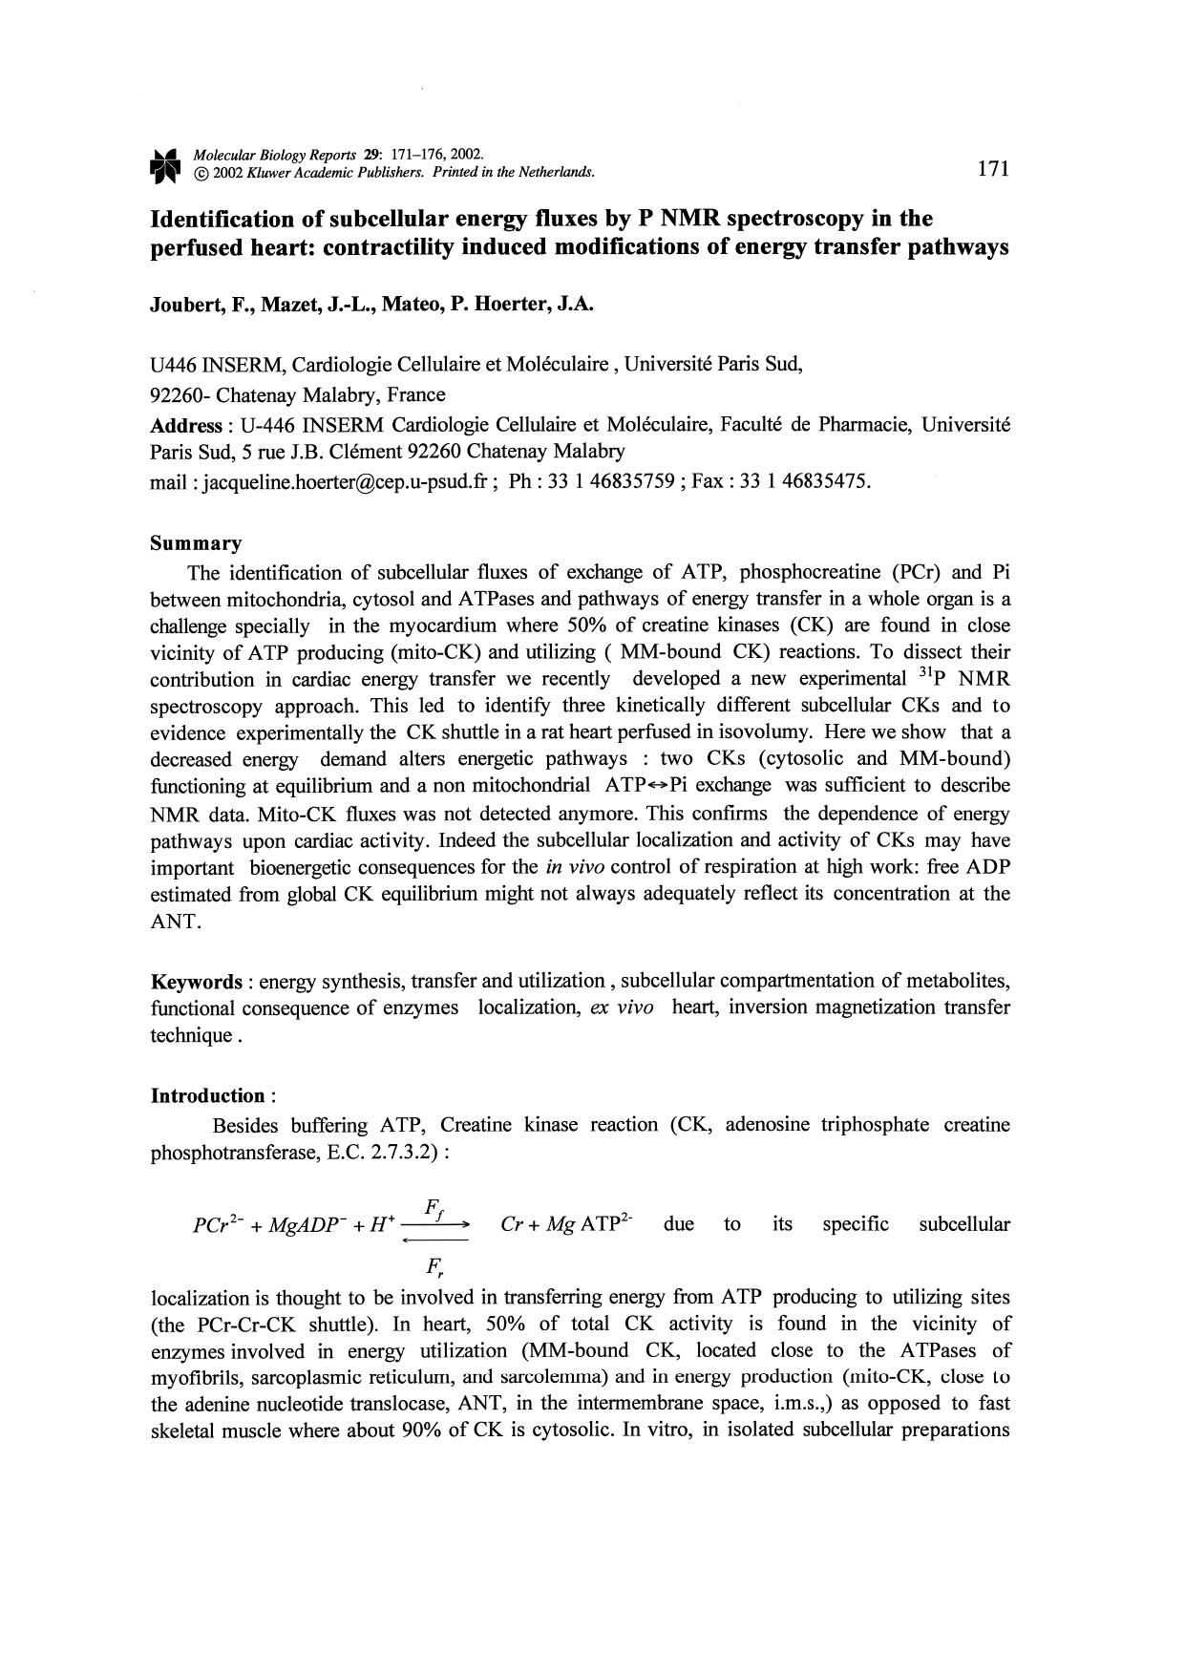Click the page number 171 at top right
coord(993,169)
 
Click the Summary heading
coord(196,543)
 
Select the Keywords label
coord(197,982)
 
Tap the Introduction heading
coord(209,1095)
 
